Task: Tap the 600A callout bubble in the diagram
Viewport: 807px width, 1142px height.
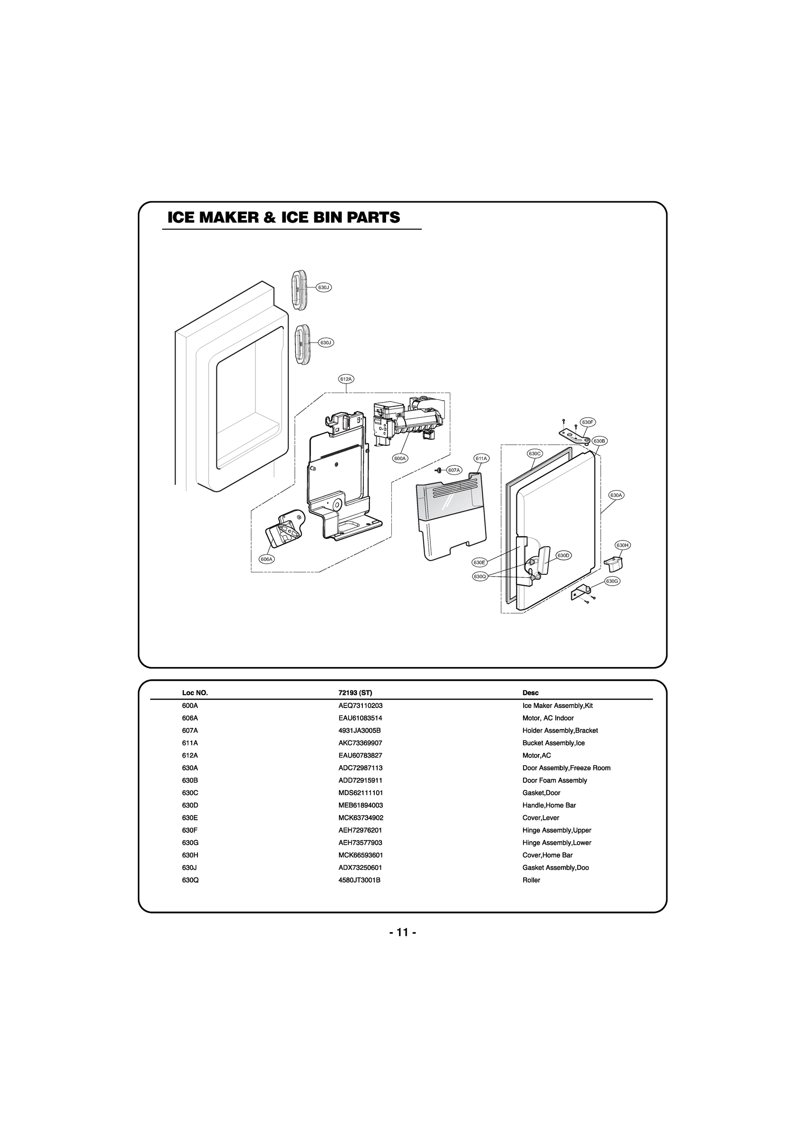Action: (400, 458)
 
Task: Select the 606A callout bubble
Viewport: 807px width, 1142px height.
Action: (267, 559)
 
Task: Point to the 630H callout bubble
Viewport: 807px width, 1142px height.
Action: (622, 545)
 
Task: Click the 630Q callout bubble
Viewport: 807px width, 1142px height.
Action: (479, 576)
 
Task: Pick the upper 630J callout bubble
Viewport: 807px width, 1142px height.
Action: (324, 287)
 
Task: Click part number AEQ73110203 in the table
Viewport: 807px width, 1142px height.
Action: (360, 705)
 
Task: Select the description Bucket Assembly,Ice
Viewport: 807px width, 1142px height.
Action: (553, 743)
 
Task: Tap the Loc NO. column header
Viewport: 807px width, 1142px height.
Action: (195, 692)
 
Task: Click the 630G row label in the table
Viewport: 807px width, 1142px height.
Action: (190, 842)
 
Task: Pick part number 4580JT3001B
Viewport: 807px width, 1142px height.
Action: (359, 879)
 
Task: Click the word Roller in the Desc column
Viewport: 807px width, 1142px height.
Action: (531, 879)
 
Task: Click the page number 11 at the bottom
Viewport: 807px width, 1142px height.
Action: (403, 932)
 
